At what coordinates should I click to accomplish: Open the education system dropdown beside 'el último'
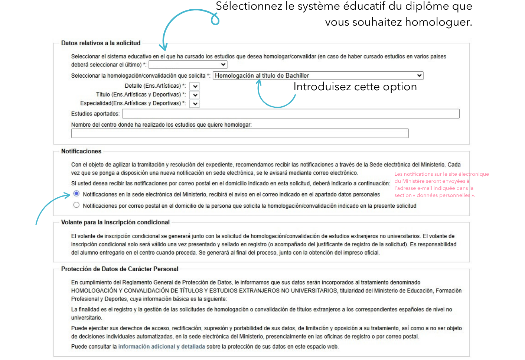click(x=188, y=65)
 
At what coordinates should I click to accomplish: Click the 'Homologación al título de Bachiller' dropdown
click(x=318, y=75)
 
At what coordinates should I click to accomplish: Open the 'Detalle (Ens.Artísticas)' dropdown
click(x=195, y=86)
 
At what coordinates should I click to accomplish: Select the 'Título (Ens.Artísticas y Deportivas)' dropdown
click(x=195, y=95)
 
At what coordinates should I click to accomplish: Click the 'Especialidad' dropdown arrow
click(x=195, y=104)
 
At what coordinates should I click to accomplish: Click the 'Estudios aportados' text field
click(x=291, y=114)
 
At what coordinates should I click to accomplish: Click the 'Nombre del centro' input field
click(x=240, y=133)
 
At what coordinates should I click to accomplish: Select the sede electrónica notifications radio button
click(x=76, y=194)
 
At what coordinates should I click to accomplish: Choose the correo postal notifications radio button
click(x=76, y=205)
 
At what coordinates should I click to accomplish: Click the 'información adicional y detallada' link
click(x=162, y=347)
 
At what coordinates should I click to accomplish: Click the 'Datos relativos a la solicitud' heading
click(x=101, y=43)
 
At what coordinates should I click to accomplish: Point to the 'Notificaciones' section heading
click(x=81, y=151)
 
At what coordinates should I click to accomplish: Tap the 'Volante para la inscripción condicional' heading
click(x=115, y=222)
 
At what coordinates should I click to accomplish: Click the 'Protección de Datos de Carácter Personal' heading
click(x=120, y=269)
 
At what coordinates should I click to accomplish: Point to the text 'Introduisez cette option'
click(x=355, y=87)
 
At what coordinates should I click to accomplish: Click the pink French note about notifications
click(x=441, y=184)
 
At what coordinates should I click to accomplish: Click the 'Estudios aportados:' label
click(x=95, y=114)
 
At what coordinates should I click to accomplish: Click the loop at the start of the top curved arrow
click(x=215, y=19)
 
